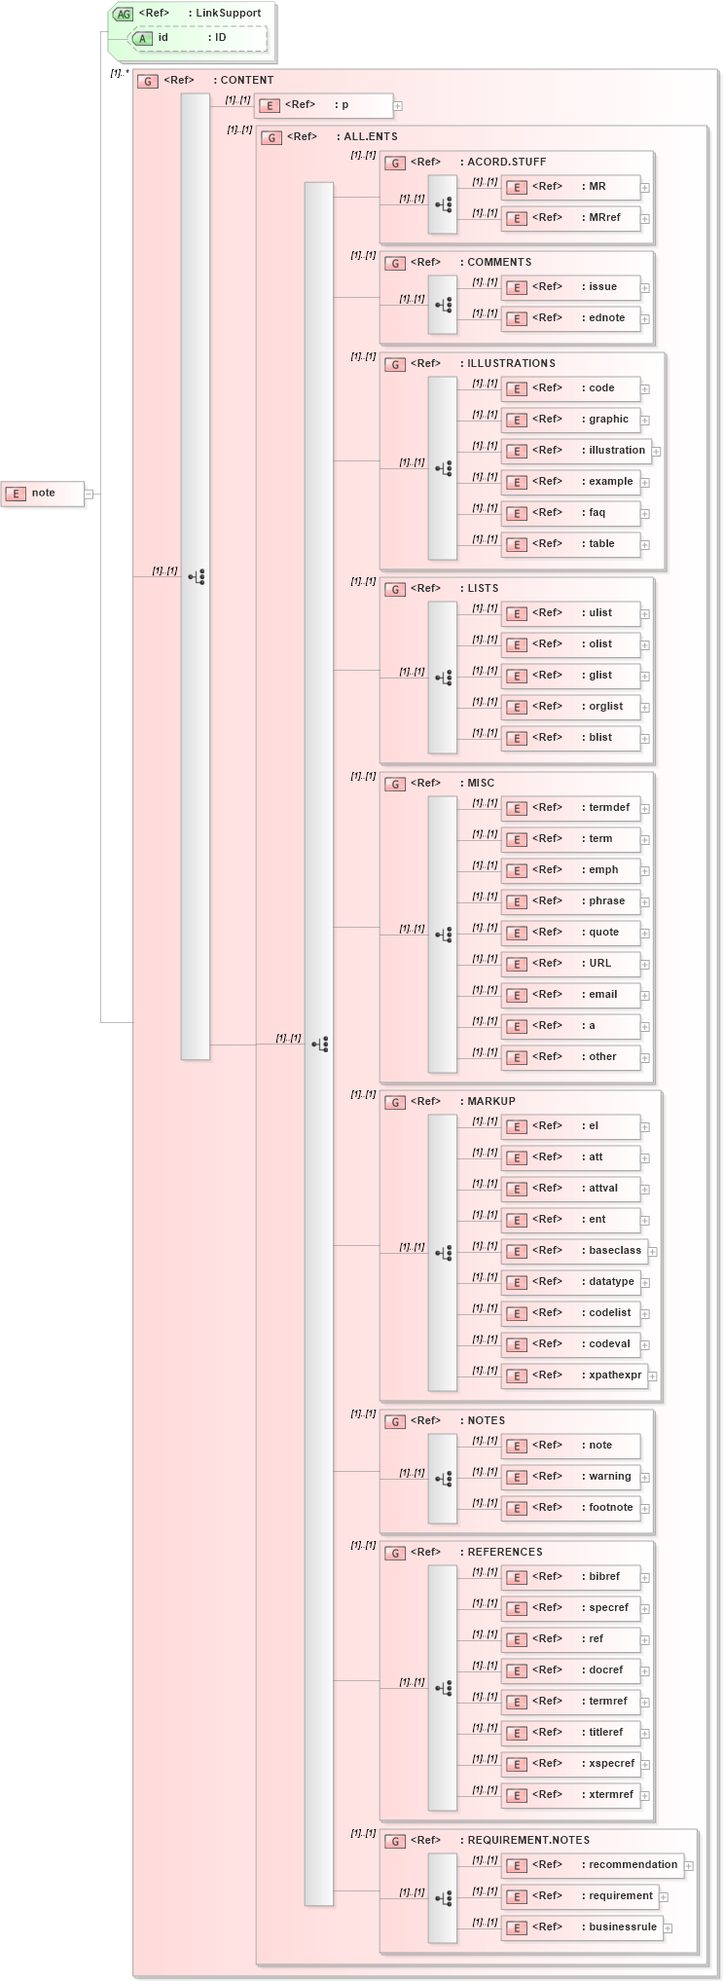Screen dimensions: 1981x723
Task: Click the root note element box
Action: [43, 494]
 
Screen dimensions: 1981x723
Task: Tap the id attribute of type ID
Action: [199, 38]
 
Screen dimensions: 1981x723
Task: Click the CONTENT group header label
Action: [246, 81]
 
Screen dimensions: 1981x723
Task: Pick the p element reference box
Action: [324, 105]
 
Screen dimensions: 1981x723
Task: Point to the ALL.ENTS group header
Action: [370, 137]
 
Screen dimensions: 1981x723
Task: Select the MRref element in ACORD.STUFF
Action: [571, 218]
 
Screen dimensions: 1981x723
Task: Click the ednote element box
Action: [571, 318]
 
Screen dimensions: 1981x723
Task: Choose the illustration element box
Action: [575, 451]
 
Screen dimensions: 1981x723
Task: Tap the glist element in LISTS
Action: [571, 676]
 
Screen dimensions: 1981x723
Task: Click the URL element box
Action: [571, 964]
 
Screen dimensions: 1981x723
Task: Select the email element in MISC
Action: [571, 995]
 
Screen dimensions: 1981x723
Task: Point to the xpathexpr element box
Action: [575, 1376]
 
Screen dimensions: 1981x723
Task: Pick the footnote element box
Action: [571, 1508]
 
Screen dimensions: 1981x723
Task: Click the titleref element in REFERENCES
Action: [571, 1733]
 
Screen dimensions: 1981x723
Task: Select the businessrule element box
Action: [582, 1927]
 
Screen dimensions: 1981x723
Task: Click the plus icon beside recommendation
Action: [689, 1866]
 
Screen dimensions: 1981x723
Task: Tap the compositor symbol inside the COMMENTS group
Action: [444, 305]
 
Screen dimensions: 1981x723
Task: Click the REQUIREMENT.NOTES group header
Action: [528, 1841]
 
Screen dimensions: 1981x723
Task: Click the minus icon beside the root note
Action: [89, 494]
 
